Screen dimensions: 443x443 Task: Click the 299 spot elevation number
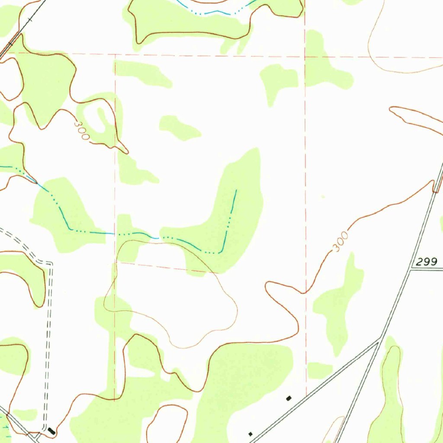(x=428, y=261)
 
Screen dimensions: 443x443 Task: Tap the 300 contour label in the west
(x=81, y=130)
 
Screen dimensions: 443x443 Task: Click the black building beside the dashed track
(x=51, y=430)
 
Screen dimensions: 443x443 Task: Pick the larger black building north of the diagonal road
(x=289, y=398)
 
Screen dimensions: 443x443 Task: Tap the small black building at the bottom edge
(x=250, y=433)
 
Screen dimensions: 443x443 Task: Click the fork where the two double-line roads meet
(x=380, y=339)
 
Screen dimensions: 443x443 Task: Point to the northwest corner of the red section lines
(x=115, y=55)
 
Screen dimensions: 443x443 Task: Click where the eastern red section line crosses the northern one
(x=305, y=56)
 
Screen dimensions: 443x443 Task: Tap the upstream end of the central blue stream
(x=236, y=190)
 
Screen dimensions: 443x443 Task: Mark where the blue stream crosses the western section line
(x=116, y=234)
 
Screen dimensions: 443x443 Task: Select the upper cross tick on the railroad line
(x=29, y=20)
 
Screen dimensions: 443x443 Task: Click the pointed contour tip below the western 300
(x=128, y=152)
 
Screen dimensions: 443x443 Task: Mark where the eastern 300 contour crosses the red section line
(x=305, y=293)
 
